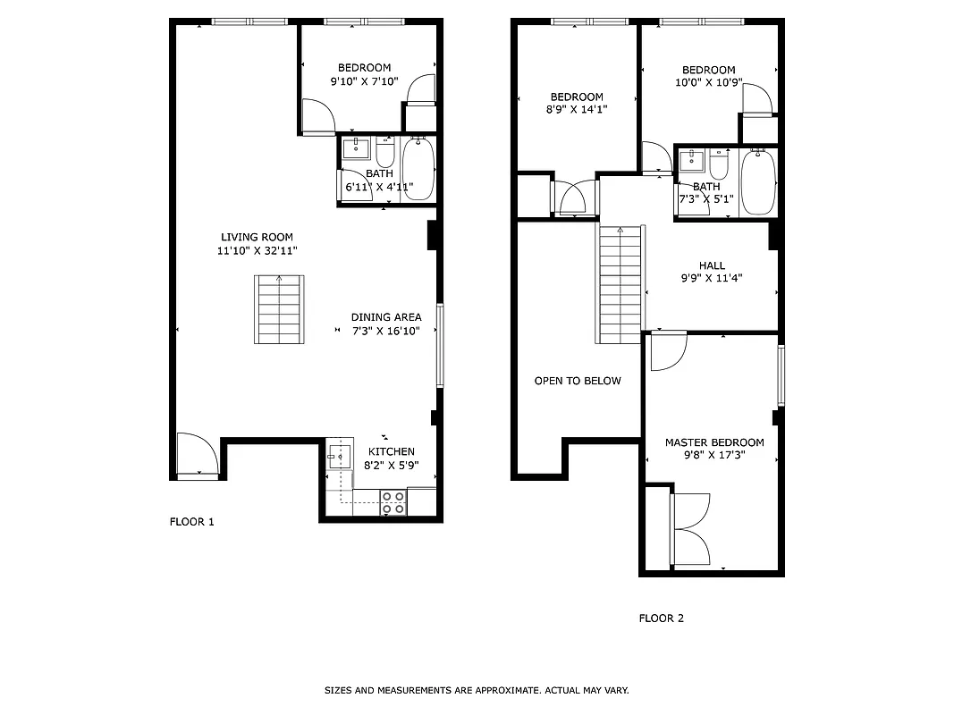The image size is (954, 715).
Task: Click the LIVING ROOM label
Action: pos(257,237)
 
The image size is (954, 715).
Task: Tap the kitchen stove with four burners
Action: pos(393,502)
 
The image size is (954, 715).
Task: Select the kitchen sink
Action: pos(339,458)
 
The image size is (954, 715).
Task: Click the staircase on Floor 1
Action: pos(280,310)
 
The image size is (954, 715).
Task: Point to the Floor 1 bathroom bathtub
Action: pos(418,169)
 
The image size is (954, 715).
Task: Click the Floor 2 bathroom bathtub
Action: pos(758,181)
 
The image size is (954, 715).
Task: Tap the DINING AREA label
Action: pos(385,317)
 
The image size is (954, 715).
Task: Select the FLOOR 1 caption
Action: pos(192,522)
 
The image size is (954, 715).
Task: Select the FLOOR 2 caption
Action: pos(661,618)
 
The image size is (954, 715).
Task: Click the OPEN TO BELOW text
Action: pos(578,381)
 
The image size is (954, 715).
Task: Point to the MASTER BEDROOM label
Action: pos(714,442)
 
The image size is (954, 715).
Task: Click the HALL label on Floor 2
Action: pos(713,265)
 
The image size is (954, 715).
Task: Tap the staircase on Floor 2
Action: pos(620,284)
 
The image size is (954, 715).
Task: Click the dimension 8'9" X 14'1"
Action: pos(576,110)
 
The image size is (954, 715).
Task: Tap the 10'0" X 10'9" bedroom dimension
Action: pos(709,83)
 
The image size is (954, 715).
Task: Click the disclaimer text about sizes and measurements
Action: pos(477,690)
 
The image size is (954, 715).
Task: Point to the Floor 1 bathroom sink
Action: pos(357,147)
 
